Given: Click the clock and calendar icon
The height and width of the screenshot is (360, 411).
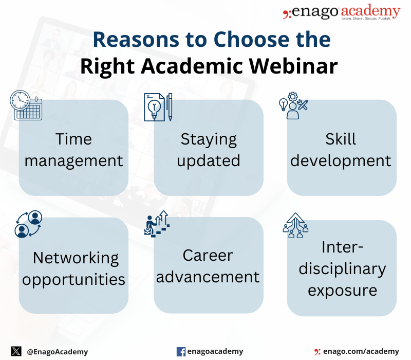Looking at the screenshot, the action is click(x=26, y=105).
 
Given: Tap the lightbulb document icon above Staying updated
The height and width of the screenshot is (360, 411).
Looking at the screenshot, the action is click(x=158, y=107).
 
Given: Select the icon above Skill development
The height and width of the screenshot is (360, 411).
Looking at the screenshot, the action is click(x=293, y=105).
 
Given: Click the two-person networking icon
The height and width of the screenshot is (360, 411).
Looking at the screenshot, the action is click(x=28, y=224).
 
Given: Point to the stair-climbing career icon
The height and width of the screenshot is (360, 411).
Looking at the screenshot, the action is click(x=157, y=224).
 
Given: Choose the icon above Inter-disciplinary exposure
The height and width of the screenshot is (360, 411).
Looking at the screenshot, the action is click(x=295, y=225).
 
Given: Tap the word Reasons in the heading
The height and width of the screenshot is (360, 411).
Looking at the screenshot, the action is click(x=136, y=40).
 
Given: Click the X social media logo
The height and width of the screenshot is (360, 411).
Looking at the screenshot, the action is click(x=16, y=351).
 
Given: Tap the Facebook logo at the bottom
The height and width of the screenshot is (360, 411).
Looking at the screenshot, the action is click(x=181, y=352).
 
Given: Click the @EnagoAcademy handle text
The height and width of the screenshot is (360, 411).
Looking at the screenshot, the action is click(x=58, y=352).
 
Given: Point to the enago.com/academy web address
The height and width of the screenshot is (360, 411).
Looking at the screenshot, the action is click(x=361, y=351).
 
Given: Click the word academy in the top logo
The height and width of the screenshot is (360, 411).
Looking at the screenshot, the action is click(x=370, y=11).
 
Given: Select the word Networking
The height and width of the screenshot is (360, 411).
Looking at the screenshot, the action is click(x=76, y=258).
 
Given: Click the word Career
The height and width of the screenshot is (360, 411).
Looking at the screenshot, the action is click(x=208, y=255).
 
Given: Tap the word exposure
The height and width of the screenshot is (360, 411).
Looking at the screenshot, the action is click(x=342, y=291).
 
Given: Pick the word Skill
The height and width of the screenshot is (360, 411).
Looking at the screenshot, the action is click(x=341, y=139).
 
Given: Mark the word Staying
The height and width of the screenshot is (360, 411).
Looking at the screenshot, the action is click(x=209, y=139).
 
